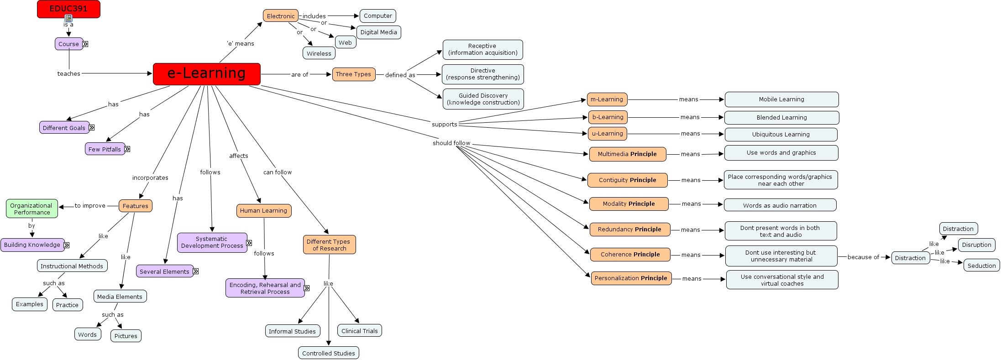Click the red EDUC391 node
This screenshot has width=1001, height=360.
click(x=68, y=9)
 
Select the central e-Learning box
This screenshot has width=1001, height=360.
click(x=206, y=74)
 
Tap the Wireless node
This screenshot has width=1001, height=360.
click(x=319, y=53)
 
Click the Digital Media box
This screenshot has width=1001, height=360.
click(x=378, y=32)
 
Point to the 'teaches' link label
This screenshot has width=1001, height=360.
click(x=68, y=73)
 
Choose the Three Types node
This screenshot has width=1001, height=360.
click(x=353, y=74)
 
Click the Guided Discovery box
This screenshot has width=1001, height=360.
click(x=483, y=99)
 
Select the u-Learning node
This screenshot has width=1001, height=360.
click(x=607, y=134)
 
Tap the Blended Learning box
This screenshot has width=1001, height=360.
click(x=781, y=118)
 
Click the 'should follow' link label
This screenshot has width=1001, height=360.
click(x=451, y=143)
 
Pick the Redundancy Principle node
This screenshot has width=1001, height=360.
click(x=629, y=230)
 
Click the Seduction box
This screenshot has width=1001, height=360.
click(x=981, y=266)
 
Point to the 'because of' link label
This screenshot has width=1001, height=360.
click(x=863, y=257)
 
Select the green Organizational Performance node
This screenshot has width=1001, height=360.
click(x=32, y=209)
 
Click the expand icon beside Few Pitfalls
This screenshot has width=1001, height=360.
click(x=127, y=149)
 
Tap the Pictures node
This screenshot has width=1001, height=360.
click(x=126, y=336)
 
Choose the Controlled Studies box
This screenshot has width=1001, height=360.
click(x=328, y=353)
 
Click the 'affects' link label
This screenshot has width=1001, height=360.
click(x=238, y=156)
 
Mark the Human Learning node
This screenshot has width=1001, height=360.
click(x=263, y=211)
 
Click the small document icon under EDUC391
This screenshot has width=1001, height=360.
click(x=68, y=18)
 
